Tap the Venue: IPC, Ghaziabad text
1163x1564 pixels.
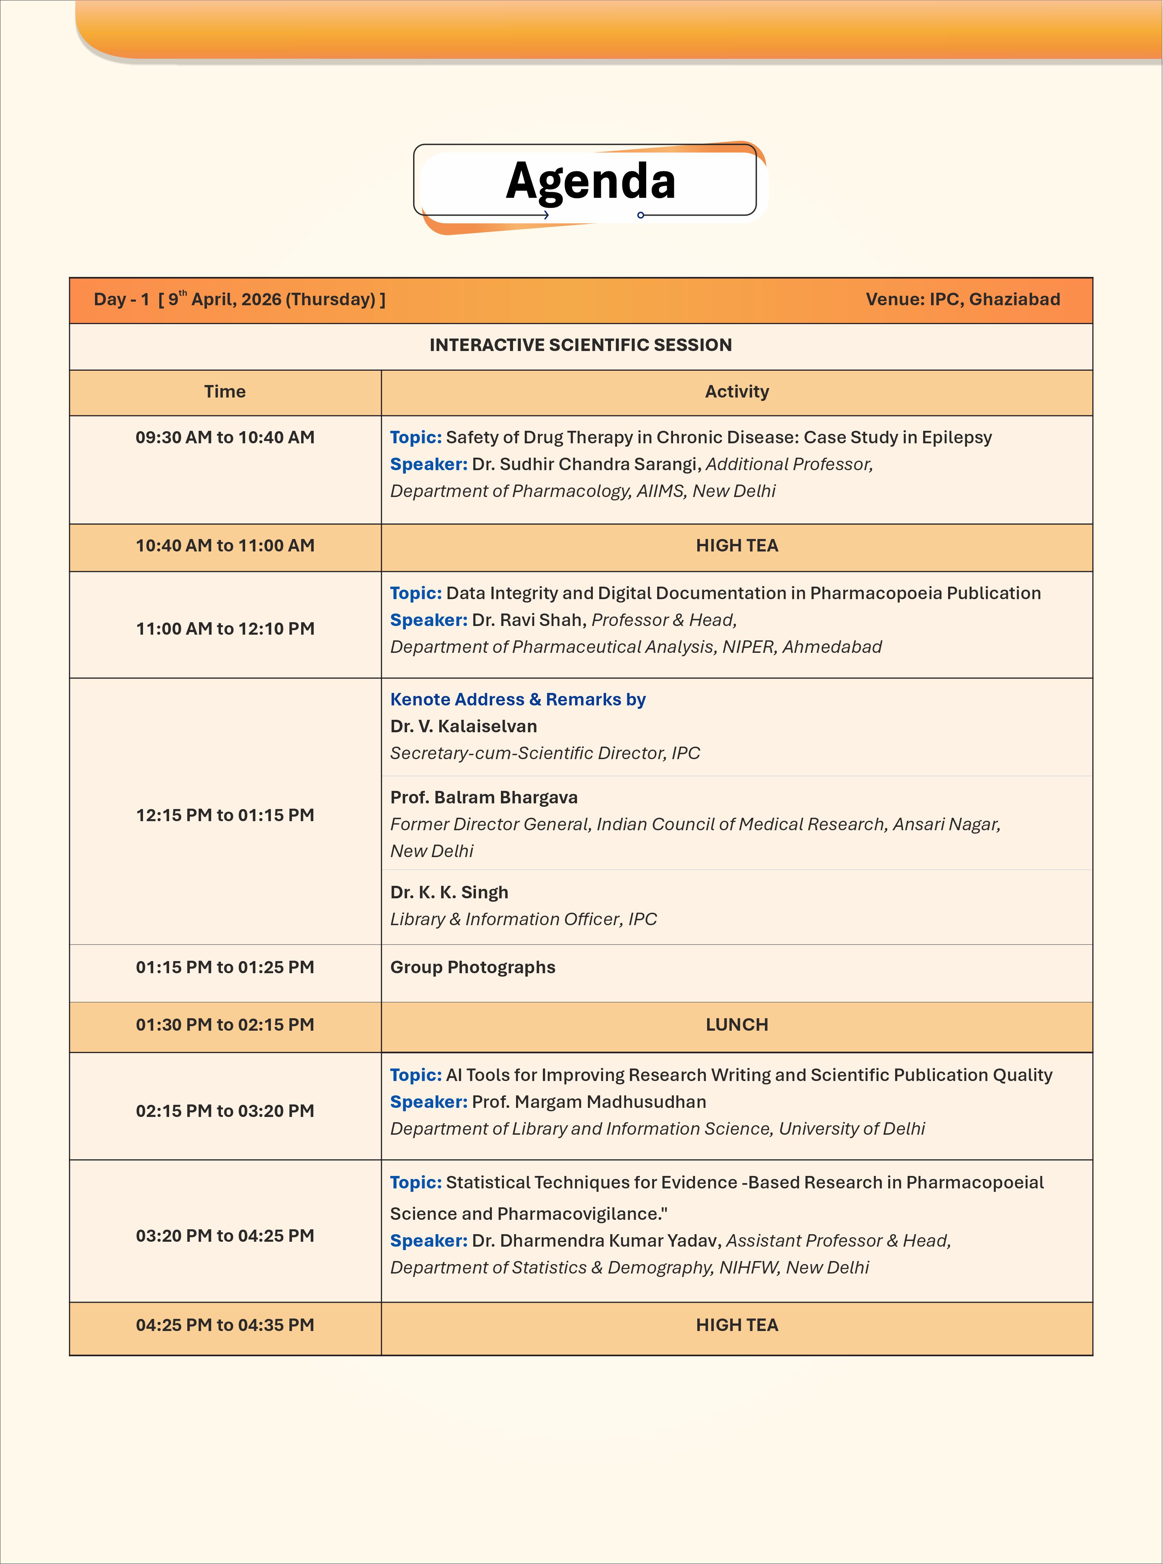962,300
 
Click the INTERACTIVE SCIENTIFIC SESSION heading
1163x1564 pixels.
581,345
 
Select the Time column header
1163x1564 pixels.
225,392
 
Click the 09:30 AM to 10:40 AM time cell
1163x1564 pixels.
225,438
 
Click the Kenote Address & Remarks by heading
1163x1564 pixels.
518,700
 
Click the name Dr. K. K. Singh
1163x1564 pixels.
449,893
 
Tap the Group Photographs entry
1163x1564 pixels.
473,968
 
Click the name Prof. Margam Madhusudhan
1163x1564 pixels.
589,1102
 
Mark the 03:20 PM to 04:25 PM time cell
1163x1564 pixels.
225,1236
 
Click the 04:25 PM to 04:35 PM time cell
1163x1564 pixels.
225,1325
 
